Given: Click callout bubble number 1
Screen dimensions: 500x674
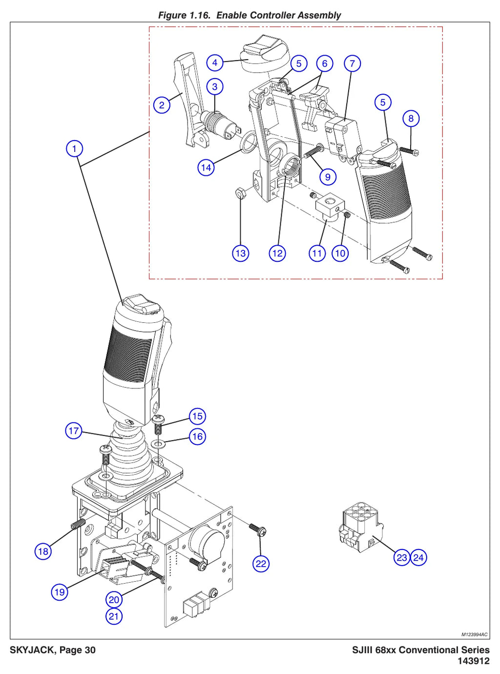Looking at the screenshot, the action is click(74, 148).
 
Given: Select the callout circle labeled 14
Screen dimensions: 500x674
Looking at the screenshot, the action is click(206, 168).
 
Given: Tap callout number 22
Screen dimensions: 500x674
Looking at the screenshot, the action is click(261, 564).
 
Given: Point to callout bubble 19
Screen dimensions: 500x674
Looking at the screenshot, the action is click(60, 592).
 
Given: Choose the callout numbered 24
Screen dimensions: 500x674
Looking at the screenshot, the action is click(418, 558).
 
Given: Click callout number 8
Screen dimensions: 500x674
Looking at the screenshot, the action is click(411, 118).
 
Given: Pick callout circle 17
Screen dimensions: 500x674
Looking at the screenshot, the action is click(74, 431).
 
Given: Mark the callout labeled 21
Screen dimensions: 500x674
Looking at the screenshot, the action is click(114, 616).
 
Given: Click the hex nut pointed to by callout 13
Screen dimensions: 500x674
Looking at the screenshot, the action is click(241, 193).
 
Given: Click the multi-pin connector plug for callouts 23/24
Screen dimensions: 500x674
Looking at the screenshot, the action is click(361, 529).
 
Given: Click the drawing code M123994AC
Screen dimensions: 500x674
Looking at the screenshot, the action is click(474, 634).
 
